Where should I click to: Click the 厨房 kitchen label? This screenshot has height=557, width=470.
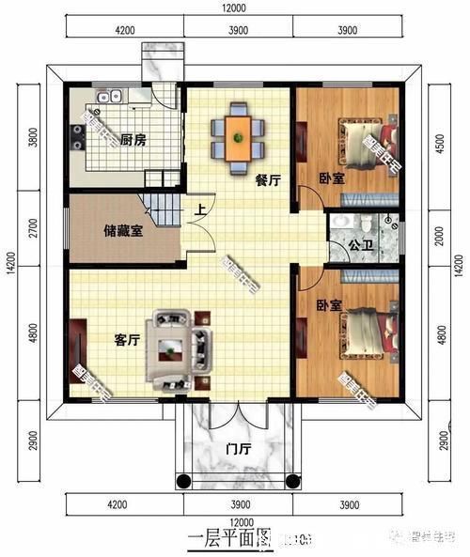pyautogui.click(x=133, y=141)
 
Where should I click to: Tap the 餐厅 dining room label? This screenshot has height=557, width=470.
pyautogui.click(x=268, y=181)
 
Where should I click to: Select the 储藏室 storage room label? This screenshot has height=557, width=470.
pyautogui.click(x=122, y=230)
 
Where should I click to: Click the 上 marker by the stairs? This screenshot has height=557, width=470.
pyautogui.click(x=199, y=210)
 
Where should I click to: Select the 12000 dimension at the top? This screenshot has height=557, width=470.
pyautogui.click(x=235, y=8)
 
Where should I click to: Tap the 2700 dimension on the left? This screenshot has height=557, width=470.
pyautogui.click(x=36, y=229)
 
